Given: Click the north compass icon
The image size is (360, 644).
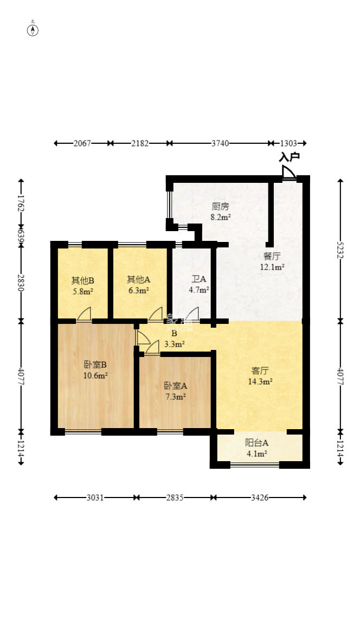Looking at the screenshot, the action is click(x=33, y=30).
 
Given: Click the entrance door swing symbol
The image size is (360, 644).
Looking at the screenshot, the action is click(x=288, y=172).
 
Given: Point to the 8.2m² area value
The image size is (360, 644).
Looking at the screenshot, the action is click(x=221, y=217).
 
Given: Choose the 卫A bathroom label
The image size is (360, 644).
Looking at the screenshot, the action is click(x=199, y=279).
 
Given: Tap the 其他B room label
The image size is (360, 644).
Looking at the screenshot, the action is click(x=83, y=281).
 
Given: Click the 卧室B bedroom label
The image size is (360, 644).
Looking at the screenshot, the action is click(x=95, y=365).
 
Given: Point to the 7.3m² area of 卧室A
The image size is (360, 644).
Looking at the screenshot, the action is click(x=176, y=397).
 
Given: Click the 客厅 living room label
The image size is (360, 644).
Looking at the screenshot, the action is click(x=260, y=371).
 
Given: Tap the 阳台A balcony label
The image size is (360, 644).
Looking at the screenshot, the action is click(x=256, y=443).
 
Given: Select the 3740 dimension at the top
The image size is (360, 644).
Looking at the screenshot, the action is click(x=220, y=143).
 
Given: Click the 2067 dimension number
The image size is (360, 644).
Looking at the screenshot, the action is click(x=82, y=143).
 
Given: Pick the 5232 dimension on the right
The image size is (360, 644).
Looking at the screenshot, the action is click(x=340, y=250).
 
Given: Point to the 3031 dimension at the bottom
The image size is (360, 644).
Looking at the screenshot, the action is click(x=95, y=498).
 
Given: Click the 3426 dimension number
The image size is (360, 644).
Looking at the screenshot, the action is click(x=260, y=498).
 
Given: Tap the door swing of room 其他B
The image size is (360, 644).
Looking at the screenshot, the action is click(x=84, y=314).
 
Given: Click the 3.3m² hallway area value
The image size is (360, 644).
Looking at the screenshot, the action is click(x=175, y=344).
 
